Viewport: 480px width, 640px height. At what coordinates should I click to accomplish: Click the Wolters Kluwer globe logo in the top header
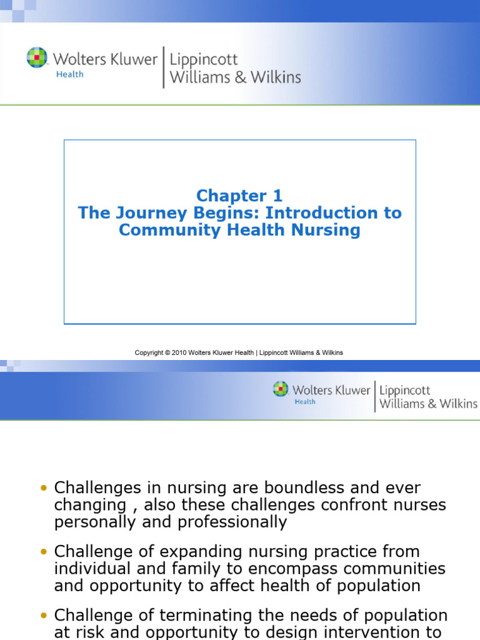[37, 57]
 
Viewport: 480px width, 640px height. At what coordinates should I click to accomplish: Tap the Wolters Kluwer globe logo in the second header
[281, 389]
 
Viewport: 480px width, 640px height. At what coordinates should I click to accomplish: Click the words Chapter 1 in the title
[239, 196]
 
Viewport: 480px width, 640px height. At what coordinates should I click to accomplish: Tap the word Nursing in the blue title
[329, 230]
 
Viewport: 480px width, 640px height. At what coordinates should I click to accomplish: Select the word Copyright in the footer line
[149, 352]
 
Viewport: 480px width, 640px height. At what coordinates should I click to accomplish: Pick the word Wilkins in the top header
[275, 77]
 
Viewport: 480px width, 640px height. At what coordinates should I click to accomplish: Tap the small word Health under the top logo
[69, 74]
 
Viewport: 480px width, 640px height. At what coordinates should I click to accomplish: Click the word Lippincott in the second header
[404, 390]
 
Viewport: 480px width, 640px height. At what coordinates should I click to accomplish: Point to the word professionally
[232, 522]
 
